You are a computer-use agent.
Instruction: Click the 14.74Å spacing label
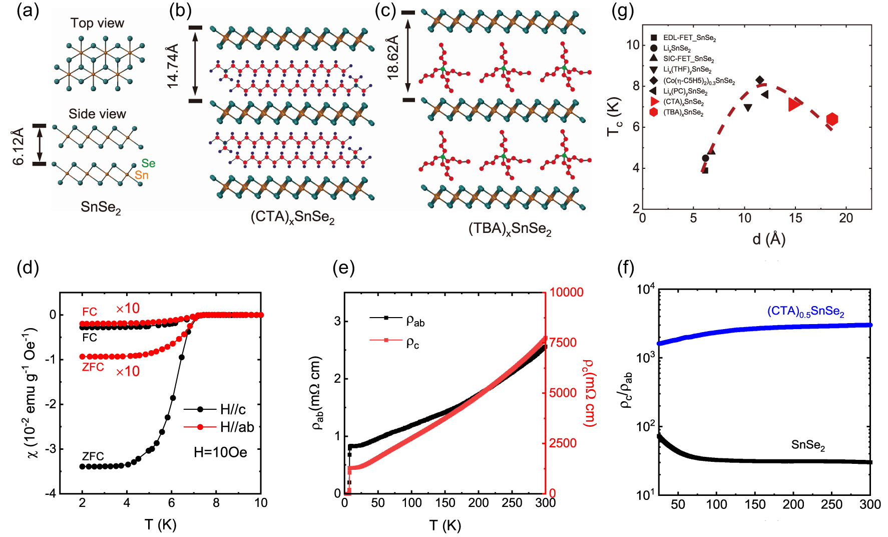[172, 65]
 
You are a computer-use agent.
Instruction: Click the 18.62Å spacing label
[393, 57]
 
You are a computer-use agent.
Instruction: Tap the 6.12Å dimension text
[19, 146]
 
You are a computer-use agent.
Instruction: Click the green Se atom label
[148, 163]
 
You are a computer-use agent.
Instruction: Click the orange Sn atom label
[142, 175]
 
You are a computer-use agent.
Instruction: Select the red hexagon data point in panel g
[832, 119]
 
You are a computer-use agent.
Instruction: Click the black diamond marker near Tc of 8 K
[760, 80]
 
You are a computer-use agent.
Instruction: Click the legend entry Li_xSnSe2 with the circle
[676, 48]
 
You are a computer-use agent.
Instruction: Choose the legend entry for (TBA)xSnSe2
[683, 112]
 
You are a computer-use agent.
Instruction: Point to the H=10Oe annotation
[220, 452]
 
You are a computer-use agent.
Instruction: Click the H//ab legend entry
[237, 427]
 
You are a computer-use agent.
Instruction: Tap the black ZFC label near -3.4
[93, 456]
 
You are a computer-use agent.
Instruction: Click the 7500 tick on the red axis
[563, 343]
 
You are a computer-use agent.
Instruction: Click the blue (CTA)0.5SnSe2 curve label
[805, 312]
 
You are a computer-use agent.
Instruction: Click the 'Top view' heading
[97, 23]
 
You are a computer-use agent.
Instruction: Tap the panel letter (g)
[623, 11]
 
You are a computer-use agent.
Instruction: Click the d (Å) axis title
[769, 239]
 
